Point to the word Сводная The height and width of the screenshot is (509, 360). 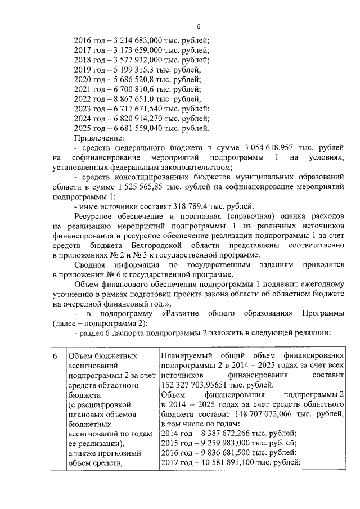[89, 265]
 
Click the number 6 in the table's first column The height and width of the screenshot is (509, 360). [55, 356]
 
